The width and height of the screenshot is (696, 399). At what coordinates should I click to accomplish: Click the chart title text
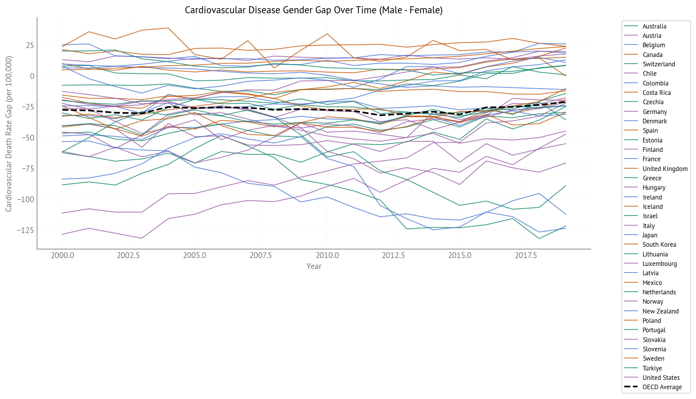coord(313,10)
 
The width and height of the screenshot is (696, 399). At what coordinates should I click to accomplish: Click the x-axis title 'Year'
coord(313,266)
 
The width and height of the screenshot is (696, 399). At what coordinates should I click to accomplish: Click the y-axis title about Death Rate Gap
coord(9,134)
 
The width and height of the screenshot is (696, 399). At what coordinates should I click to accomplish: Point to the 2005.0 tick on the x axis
coord(195,255)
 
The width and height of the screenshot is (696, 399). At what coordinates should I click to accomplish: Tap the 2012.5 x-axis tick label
coord(393,255)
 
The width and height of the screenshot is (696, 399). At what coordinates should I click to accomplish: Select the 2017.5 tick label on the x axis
coord(526,255)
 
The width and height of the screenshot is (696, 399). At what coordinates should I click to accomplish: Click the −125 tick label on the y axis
coord(25,230)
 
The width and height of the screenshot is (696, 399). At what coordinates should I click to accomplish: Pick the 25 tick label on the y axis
coord(30,45)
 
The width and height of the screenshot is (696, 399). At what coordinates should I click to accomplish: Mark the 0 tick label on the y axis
coord(32,76)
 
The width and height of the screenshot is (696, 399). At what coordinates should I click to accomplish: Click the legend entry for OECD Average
coord(662,387)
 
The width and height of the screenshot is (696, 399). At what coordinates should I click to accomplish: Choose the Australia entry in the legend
coord(654,27)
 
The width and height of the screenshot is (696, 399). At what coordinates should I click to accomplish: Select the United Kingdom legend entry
coord(664,169)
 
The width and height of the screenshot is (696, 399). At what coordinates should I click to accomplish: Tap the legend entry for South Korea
coord(659,245)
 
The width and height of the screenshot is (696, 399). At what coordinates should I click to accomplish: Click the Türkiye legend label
coord(652,368)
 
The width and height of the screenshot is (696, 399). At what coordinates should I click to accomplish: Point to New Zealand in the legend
coord(660,311)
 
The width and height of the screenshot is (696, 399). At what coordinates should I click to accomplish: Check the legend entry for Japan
coord(650,235)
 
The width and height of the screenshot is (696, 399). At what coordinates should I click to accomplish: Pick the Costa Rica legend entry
coord(656,93)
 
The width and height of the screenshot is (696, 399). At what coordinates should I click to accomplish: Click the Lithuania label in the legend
coord(655,254)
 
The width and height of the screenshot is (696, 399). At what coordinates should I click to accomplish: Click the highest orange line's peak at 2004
coord(168,28)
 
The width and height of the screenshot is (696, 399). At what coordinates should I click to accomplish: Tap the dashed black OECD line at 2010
coord(327,110)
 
